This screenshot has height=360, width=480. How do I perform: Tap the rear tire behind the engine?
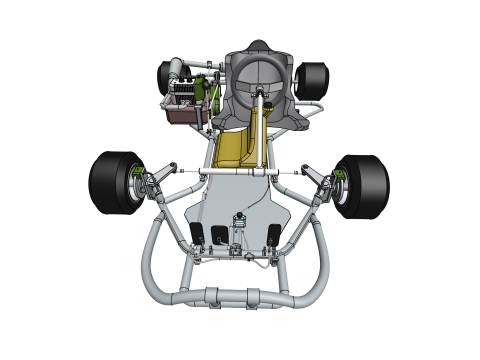click(166, 76)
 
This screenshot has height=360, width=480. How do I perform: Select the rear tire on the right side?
click(313, 80)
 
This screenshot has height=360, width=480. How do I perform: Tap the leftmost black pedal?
click(197, 236)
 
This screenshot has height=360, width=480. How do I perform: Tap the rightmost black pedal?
click(272, 237)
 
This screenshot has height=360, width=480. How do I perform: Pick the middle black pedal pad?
click(219, 236)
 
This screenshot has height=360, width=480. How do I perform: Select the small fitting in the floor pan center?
click(240, 219)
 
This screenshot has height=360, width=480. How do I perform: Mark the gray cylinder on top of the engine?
click(178, 68)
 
